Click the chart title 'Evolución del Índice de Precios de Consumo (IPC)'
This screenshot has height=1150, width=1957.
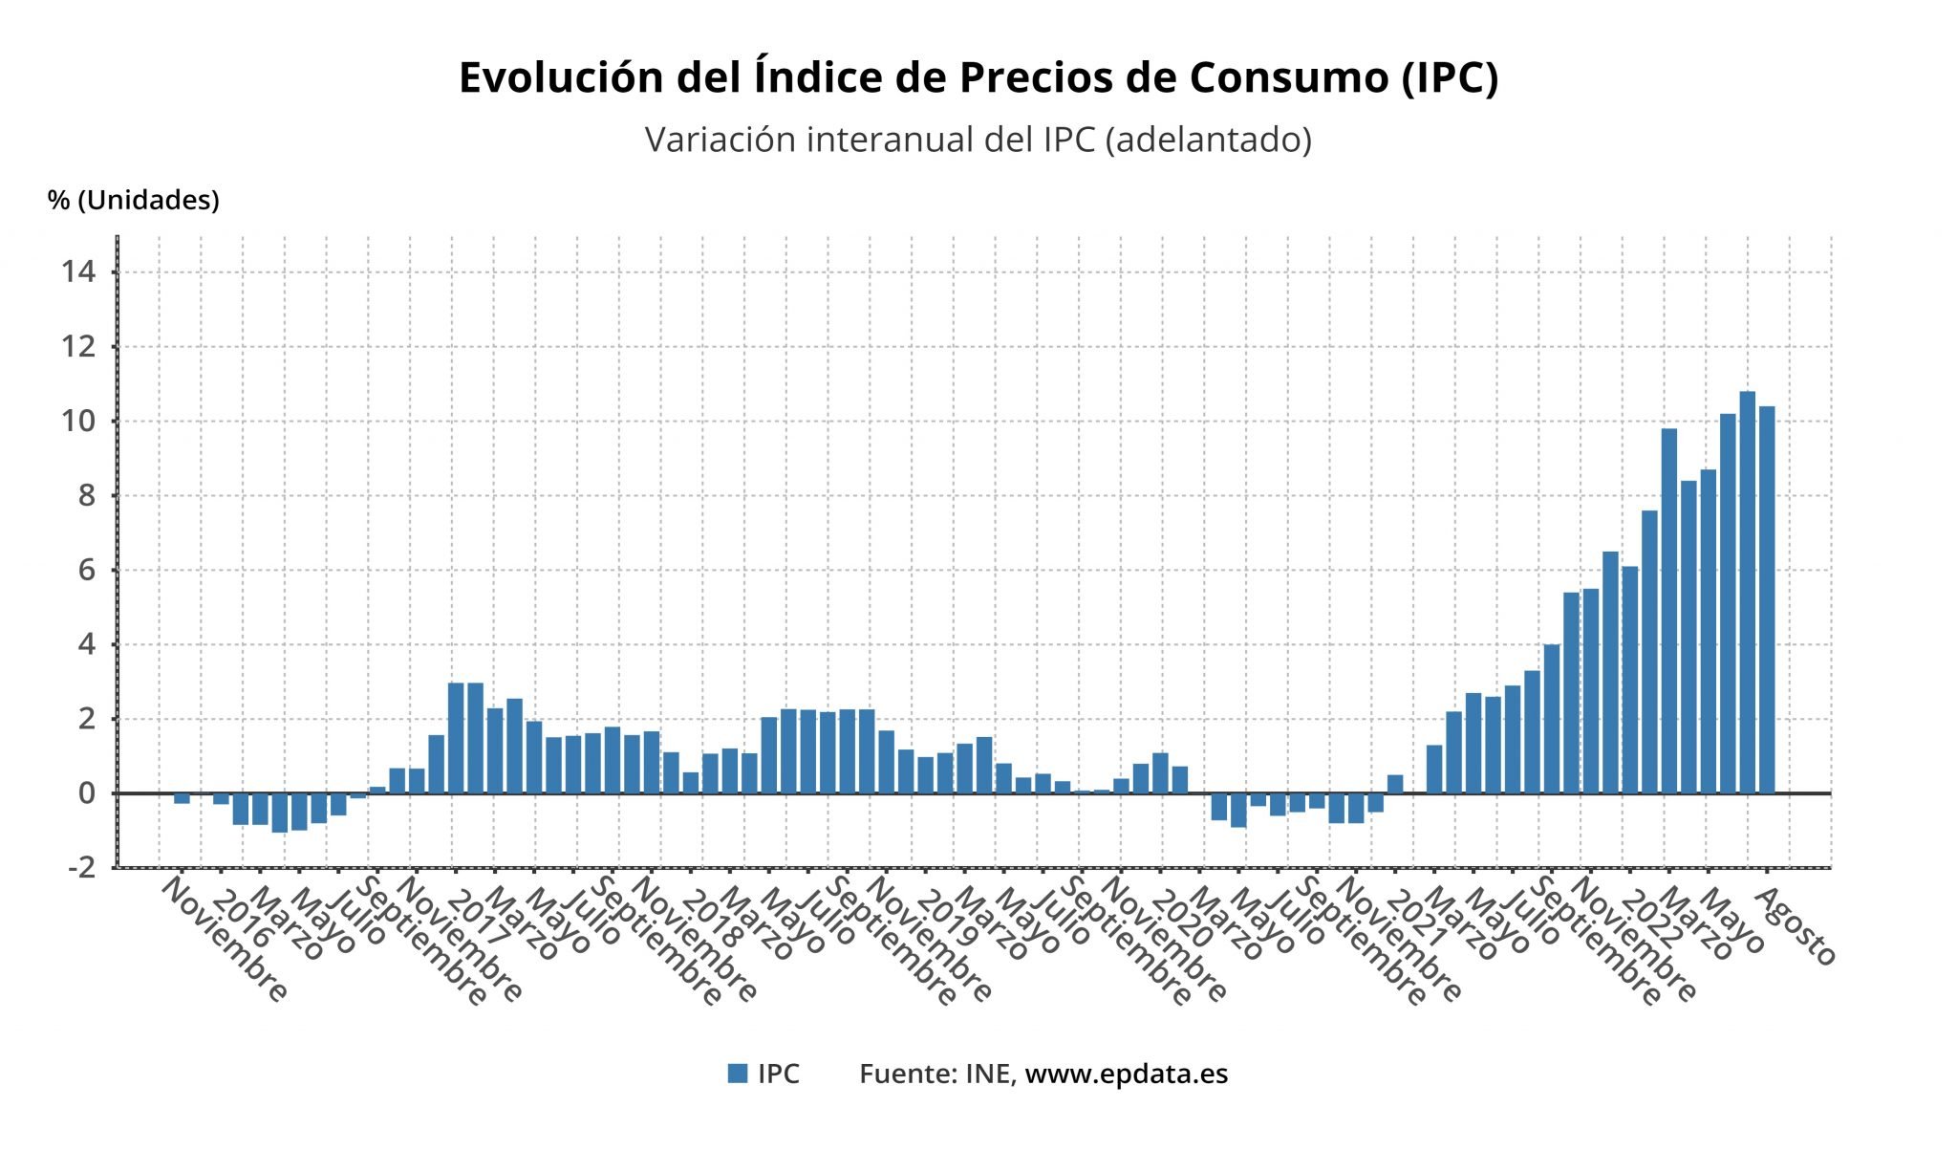pos(978,77)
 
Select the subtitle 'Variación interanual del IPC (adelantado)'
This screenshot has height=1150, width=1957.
pos(978,140)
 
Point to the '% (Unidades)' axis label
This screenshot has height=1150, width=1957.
pos(134,200)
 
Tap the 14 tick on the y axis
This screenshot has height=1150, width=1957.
pos(78,272)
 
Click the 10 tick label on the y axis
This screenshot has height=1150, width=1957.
pos(78,421)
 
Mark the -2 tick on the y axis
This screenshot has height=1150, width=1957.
pos(82,867)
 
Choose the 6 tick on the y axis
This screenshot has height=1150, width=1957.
pos(87,571)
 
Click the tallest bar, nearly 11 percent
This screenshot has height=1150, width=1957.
pos(1747,593)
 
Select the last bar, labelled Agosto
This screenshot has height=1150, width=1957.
pos(1767,600)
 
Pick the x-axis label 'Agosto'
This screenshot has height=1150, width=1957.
pos(1796,926)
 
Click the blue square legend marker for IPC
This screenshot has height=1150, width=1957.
pos(737,1074)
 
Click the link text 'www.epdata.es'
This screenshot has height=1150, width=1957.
pos(1126,1074)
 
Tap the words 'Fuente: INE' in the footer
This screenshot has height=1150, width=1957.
pos(934,1074)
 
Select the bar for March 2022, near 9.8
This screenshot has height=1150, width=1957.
pos(1668,612)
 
